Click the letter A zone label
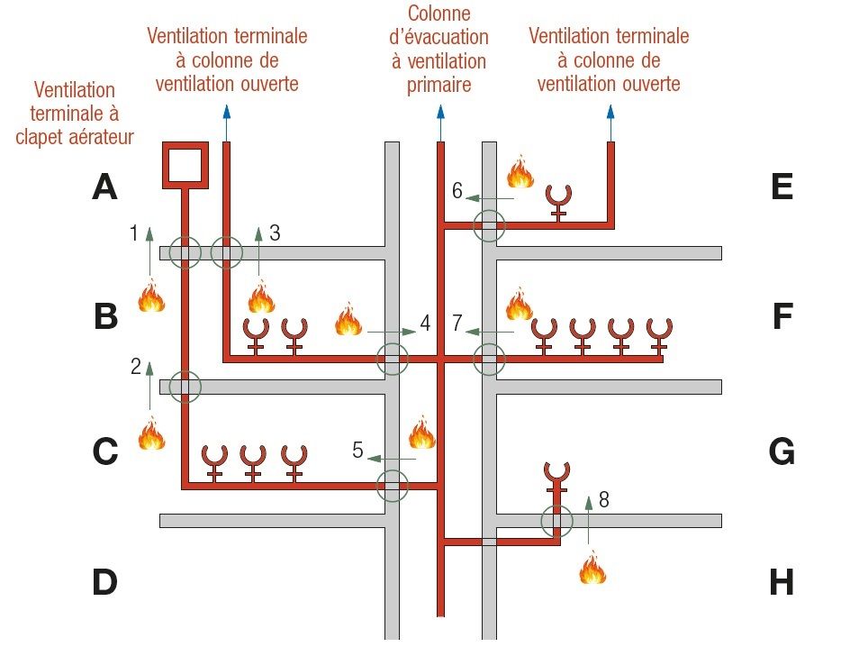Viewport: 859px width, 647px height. pos(105,187)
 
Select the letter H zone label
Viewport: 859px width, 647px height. pos(782,583)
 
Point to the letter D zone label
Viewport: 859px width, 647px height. pos(104,583)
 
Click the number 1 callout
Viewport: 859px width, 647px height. pos(134,233)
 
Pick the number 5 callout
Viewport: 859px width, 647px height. pos(357,450)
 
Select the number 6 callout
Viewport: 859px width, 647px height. pos(457,190)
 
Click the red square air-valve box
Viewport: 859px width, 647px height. pos(185,164)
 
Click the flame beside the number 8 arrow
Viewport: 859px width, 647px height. pos(592,569)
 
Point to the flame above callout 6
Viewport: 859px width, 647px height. pos(520,170)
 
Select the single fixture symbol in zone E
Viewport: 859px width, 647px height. pos(559,201)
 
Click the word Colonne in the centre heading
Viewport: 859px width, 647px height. pos(439,14)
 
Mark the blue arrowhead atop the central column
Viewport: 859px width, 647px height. pos(440,113)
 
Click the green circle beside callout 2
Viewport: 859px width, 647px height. pos(185,387)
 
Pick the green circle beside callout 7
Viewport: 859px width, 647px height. pos(490,359)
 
